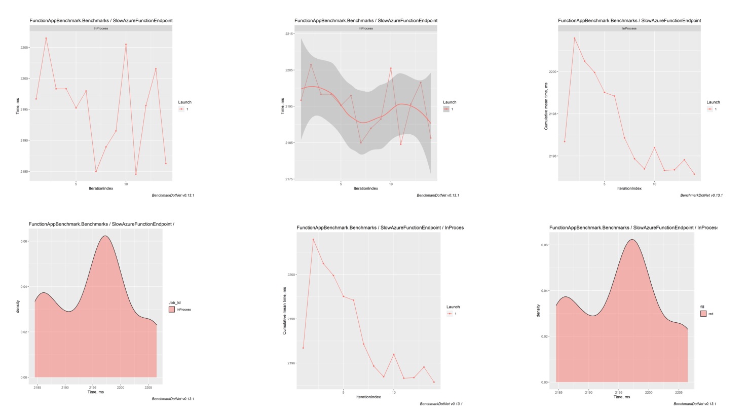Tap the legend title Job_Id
click(175, 302)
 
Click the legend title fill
click(702, 307)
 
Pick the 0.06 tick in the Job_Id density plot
click(24, 241)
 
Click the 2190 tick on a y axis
click(24, 140)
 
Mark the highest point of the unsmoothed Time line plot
click(46, 38)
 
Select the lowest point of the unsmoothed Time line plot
click(136, 174)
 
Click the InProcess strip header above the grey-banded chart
click(365, 28)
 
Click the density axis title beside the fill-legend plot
click(538, 311)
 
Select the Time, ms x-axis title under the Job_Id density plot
click(96, 392)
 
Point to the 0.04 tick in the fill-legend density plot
click(545, 291)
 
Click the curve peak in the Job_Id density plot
click(105, 236)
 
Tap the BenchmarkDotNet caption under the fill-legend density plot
click(695, 404)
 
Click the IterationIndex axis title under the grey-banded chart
click(365, 188)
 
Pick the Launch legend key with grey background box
click(446, 109)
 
